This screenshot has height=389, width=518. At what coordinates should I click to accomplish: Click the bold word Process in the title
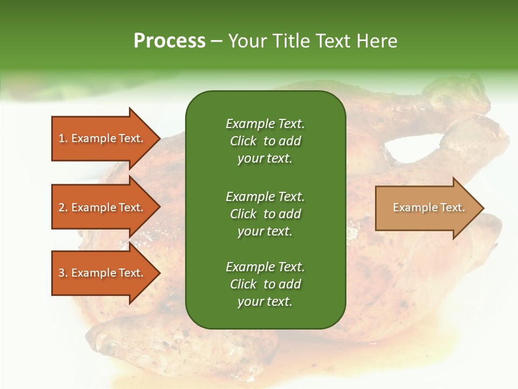click(x=169, y=41)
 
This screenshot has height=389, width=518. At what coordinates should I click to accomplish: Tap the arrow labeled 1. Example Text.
click(x=103, y=138)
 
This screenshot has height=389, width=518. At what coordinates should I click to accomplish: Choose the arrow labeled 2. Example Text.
click(x=103, y=207)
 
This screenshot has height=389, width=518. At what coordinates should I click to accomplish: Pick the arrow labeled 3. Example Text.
click(x=103, y=273)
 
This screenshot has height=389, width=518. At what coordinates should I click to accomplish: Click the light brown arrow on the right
click(x=426, y=208)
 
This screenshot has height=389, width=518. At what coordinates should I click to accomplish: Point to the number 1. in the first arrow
click(x=63, y=138)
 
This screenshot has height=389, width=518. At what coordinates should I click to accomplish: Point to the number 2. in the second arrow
click(x=63, y=207)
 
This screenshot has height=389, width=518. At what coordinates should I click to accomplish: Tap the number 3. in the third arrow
click(x=63, y=273)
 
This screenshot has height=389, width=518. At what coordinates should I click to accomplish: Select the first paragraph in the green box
click(x=265, y=141)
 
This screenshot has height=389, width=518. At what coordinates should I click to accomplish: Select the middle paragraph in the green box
click(x=265, y=213)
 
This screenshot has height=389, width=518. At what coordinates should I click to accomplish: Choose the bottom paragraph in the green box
click(x=265, y=284)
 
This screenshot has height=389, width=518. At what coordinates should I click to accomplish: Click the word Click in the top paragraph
click(x=243, y=141)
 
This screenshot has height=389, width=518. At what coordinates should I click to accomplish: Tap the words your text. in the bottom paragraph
click(x=265, y=301)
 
